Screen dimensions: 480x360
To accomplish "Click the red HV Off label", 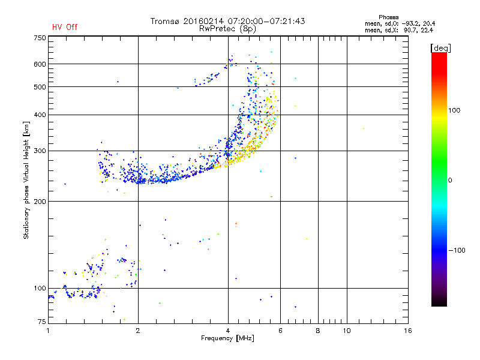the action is click(x=65, y=27).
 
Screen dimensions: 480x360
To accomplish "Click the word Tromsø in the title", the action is click(x=164, y=21).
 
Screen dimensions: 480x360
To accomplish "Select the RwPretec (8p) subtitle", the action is click(x=227, y=29).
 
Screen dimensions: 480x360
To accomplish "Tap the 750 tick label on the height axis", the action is click(x=40, y=38).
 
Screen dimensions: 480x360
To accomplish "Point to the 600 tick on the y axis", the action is click(x=40, y=64).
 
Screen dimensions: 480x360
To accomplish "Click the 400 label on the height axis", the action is click(x=40, y=115).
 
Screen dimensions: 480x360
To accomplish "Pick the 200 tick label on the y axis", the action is click(x=40, y=201).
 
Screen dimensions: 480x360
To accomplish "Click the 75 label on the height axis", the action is click(x=41, y=322).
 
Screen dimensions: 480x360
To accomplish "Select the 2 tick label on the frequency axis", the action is click(x=138, y=331).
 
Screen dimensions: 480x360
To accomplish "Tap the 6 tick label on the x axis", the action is click(x=280, y=331).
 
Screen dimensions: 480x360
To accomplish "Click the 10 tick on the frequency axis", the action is click(x=347, y=331).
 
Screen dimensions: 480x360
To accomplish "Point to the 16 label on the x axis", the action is click(x=408, y=331).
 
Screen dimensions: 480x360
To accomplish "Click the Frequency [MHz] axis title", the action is click(x=227, y=338).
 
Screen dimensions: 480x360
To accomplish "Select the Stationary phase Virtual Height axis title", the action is click(x=26, y=180).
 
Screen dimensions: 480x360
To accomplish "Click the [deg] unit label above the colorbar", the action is click(x=440, y=48).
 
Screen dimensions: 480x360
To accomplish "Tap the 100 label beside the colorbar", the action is click(x=454, y=110).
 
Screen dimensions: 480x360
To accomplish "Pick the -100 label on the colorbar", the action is click(x=457, y=250).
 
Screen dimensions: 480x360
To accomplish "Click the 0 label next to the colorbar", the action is click(x=450, y=180).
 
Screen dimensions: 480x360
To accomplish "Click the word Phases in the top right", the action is click(x=388, y=17).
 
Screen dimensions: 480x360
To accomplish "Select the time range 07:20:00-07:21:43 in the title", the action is click(x=266, y=21).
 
